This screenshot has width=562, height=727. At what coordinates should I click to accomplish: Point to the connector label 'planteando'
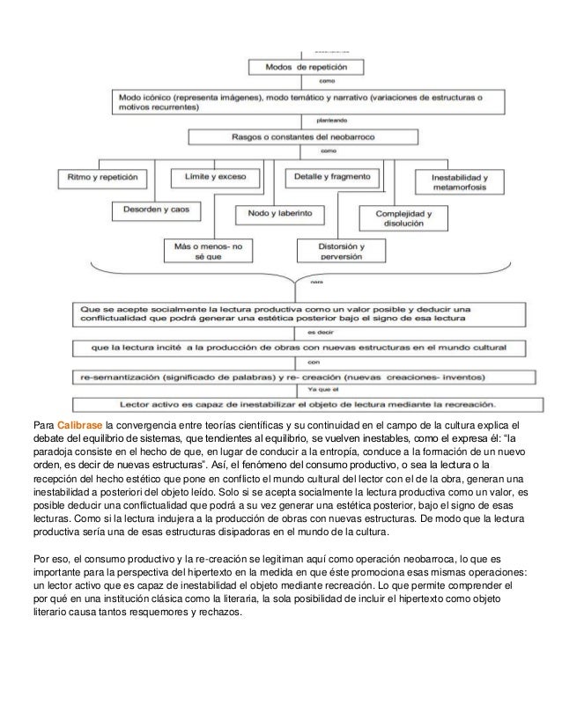click(x=319, y=116)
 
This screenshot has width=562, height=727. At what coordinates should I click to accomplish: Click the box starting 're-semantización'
click(x=301, y=376)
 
